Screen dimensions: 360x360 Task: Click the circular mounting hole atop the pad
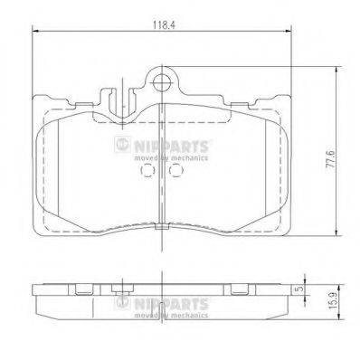point(164,84)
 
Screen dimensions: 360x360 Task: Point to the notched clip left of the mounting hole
point(114,98)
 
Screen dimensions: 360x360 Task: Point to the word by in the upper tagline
point(164,157)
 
